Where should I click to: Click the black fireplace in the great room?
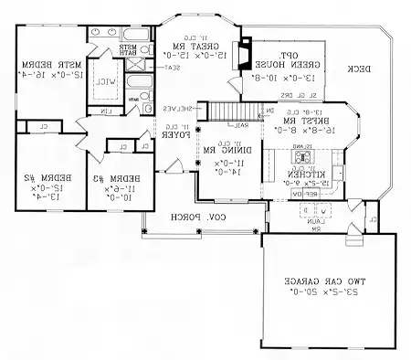tap(244, 53)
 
